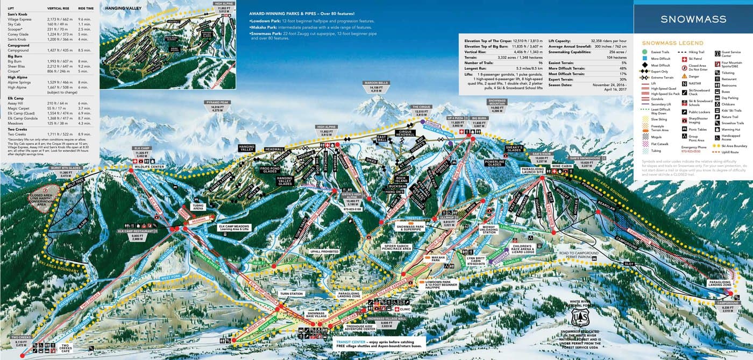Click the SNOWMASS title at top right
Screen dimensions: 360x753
tap(693, 19)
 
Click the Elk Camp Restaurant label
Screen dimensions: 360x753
tap(136, 231)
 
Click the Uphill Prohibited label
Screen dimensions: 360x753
tap(324, 251)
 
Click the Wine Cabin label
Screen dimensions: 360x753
tap(562, 166)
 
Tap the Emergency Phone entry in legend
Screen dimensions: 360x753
tap(694, 147)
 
